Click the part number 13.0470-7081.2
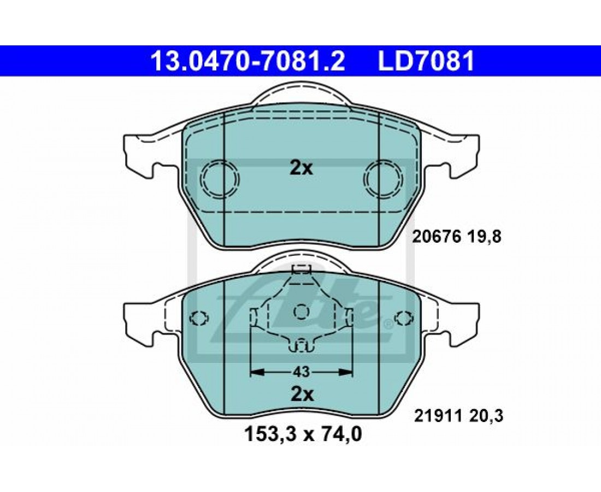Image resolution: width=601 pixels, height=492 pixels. tap(248, 61)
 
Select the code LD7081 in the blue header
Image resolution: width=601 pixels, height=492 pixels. tap(427, 61)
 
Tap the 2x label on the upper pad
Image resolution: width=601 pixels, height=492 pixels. tap(301, 168)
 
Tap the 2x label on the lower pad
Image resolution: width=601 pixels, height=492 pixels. tap(302, 394)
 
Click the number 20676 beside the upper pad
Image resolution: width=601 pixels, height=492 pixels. tap(436, 237)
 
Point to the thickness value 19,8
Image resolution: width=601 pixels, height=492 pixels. tap(484, 237)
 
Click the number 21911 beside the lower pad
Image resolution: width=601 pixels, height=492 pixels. tap(437, 415)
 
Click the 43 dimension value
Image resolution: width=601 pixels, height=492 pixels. tap(301, 372)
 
